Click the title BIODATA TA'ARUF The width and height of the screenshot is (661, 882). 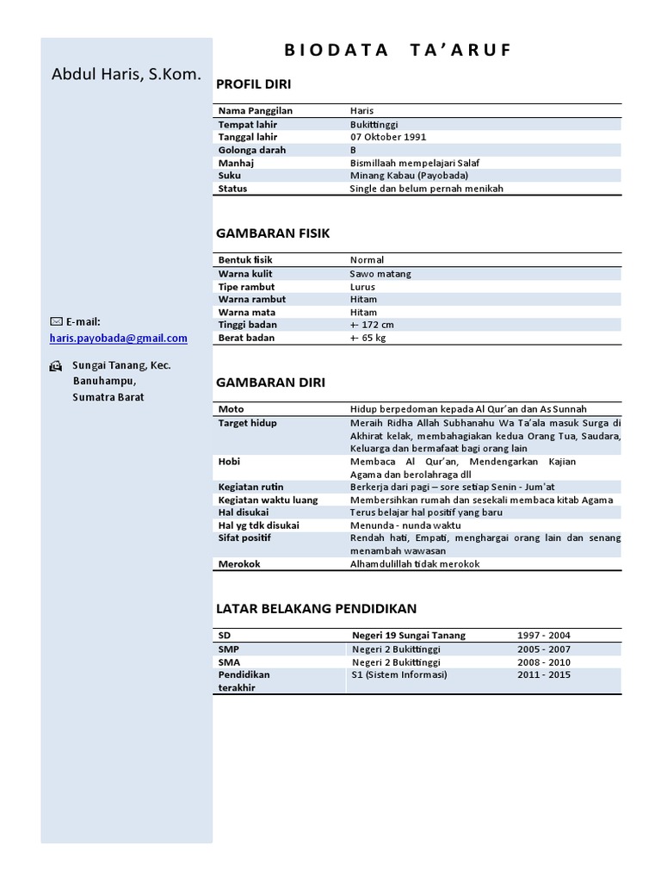[397, 50]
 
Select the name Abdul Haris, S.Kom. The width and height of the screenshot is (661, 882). [127, 75]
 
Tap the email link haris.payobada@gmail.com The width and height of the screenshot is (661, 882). [119, 339]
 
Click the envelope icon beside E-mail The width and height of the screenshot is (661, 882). [56, 321]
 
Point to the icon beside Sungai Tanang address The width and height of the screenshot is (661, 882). [56, 366]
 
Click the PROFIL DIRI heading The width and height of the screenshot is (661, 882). [253, 84]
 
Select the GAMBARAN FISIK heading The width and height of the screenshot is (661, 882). [272, 233]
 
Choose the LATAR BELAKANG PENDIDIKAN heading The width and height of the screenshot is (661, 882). [316, 608]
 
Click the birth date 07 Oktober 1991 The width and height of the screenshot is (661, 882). [388, 137]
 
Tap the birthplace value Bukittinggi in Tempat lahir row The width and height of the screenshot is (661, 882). [374, 124]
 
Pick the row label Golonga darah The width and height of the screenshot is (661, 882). [252, 150]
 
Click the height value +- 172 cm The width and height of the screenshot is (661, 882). [372, 325]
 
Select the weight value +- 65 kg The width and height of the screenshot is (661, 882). [368, 338]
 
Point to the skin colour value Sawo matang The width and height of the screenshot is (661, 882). [380, 274]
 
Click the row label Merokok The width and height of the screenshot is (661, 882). [239, 563]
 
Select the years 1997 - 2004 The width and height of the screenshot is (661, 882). [543, 636]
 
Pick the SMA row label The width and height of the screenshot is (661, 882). [229, 662]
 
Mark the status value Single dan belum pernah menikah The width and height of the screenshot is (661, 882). [426, 189]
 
